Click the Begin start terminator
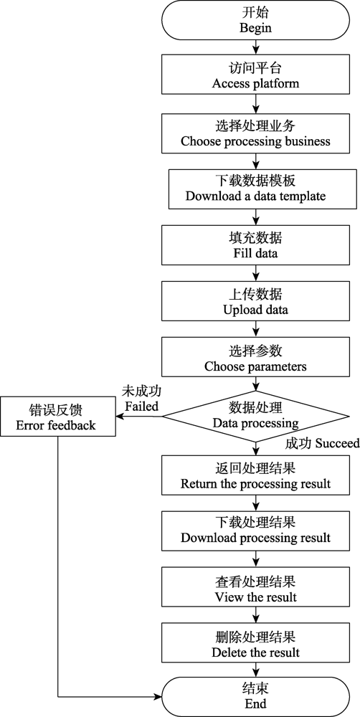(x=255, y=20)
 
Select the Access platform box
(x=255, y=75)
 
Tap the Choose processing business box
(x=255, y=133)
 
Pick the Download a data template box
(x=255, y=189)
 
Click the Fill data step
(x=255, y=245)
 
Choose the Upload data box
(x=255, y=302)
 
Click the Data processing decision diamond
(x=256, y=416)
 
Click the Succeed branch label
(x=322, y=443)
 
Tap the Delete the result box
(x=255, y=644)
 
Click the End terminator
(x=255, y=697)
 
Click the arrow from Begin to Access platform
(x=256, y=48)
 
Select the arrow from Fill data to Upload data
(x=256, y=274)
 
